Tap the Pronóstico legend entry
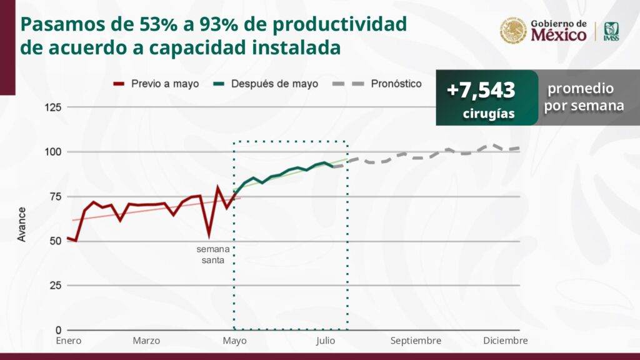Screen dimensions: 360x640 (396, 83)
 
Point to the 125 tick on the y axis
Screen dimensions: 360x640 (53, 107)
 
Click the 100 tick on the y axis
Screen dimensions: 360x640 (53, 152)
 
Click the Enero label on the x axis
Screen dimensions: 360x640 (68, 341)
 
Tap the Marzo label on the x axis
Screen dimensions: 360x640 (146, 341)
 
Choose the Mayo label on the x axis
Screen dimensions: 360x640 (234, 341)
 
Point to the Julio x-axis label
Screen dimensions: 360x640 (325, 341)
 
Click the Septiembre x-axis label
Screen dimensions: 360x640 (416, 341)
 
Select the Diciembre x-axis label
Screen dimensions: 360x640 (506, 341)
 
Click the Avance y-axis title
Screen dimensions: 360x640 (22, 224)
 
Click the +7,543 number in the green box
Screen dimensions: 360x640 (481, 91)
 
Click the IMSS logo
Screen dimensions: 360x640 (611, 31)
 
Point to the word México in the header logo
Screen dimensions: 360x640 (559, 35)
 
